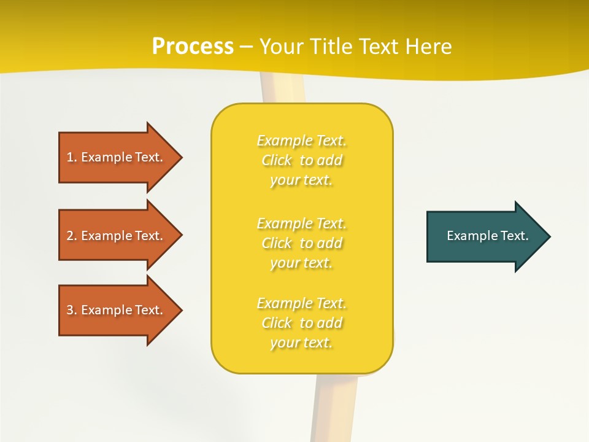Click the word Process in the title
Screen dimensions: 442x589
pyautogui.click(x=193, y=47)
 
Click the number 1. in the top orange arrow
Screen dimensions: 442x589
pyautogui.click(x=72, y=157)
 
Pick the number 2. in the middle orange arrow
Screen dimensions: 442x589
pyautogui.click(x=72, y=236)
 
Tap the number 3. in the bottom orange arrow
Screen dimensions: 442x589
pyautogui.click(x=72, y=310)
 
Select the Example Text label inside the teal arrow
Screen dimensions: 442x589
pyautogui.click(x=487, y=236)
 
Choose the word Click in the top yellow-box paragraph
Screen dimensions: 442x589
pyautogui.click(x=277, y=160)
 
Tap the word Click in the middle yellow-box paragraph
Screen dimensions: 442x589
pyautogui.click(x=277, y=243)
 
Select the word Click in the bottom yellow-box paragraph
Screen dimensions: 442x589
pyautogui.click(x=277, y=323)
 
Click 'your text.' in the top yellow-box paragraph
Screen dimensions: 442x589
pyautogui.click(x=301, y=180)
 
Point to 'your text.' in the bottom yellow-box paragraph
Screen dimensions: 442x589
pyautogui.click(x=301, y=343)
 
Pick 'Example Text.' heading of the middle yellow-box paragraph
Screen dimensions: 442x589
pyautogui.click(x=301, y=223)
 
